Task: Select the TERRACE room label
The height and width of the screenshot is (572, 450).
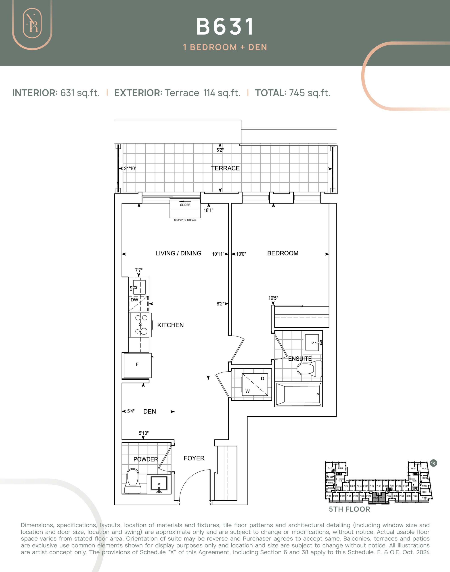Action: point(225,168)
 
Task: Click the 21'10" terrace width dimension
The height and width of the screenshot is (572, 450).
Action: point(130,168)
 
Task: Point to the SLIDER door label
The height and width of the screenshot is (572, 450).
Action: point(185,205)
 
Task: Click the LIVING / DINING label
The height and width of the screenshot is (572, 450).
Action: point(178,253)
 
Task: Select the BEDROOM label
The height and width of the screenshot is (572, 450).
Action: point(283,253)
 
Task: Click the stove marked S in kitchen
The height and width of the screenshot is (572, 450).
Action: point(140,325)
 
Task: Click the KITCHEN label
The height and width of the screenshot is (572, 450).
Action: point(170,325)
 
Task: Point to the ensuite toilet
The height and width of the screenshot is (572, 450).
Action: point(309,369)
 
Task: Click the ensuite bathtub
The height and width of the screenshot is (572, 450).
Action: point(298,394)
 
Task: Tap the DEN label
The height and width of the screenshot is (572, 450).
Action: point(149,412)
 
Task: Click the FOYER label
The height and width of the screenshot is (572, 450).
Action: point(194,458)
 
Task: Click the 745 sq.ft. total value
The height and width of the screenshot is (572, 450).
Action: point(310,93)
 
